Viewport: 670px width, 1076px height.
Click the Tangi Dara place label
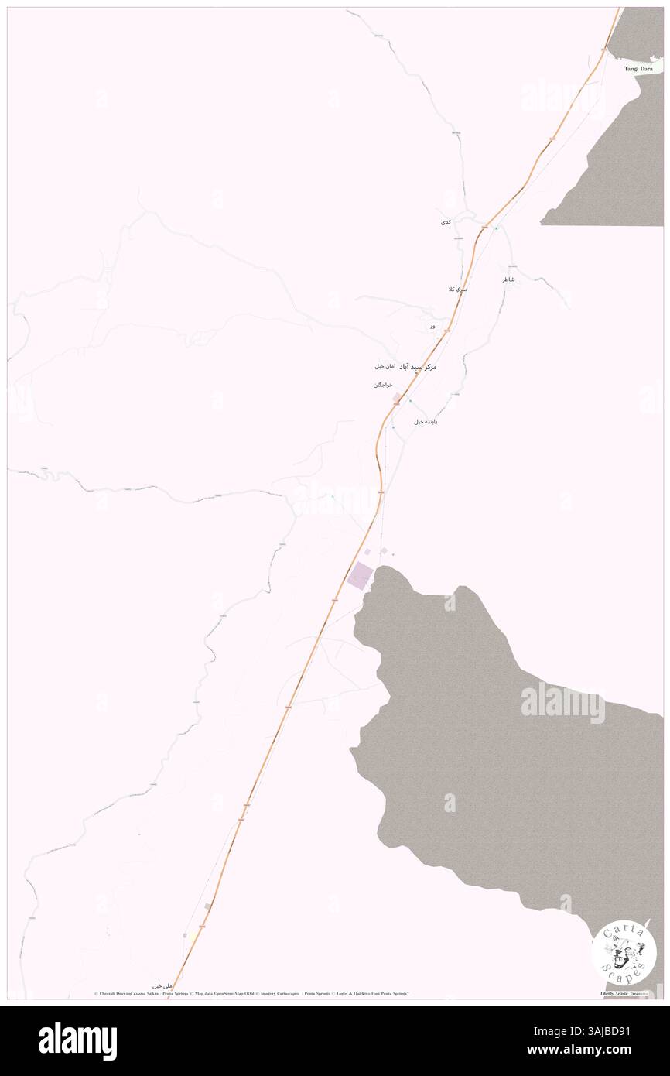tap(640, 69)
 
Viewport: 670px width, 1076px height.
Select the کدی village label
tap(445, 222)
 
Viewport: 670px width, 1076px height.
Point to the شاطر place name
tap(508, 279)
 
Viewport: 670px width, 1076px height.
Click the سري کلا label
tap(457, 289)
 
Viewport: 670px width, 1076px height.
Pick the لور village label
tap(435, 327)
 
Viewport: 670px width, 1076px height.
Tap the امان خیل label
tap(385, 365)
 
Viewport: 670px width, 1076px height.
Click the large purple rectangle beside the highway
tap(361, 574)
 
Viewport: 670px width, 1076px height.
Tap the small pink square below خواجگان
tap(397, 398)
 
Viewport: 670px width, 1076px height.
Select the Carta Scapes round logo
tap(624, 951)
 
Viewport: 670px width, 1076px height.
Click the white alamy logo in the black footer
tap(77, 1040)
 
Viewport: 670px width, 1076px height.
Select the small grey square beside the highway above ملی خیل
tap(207, 906)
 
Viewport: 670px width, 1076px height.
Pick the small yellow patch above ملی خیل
tap(185, 935)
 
